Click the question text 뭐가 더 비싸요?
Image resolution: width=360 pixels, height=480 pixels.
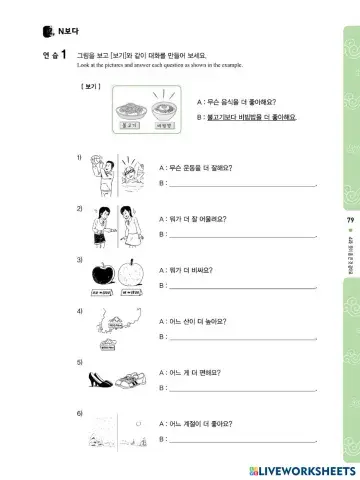191,270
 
